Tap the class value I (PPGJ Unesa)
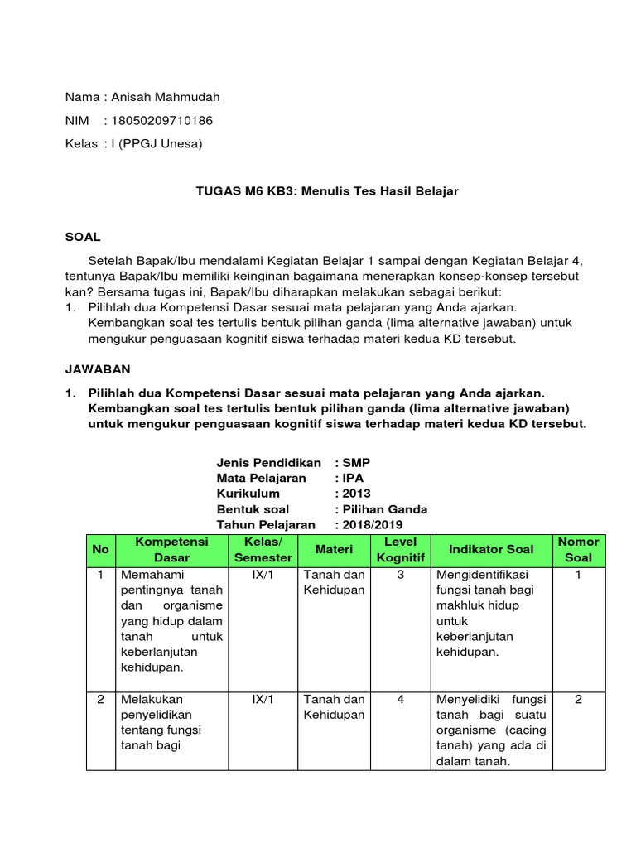pyautogui.click(x=157, y=143)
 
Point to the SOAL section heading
pyautogui.click(x=83, y=237)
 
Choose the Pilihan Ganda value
pyautogui.click(x=385, y=509)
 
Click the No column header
pyautogui.click(x=100, y=550)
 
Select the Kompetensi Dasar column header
pyautogui.click(x=171, y=550)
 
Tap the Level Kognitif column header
pyautogui.click(x=400, y=550)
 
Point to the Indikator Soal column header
pyautogui.click(x=490, y=550)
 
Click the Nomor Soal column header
pyautogui.click(x=578, y=550)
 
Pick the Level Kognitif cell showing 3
pyautogui.click(x=400, y=574)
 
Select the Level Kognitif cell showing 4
pyautogui.click(x=400, y=699)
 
